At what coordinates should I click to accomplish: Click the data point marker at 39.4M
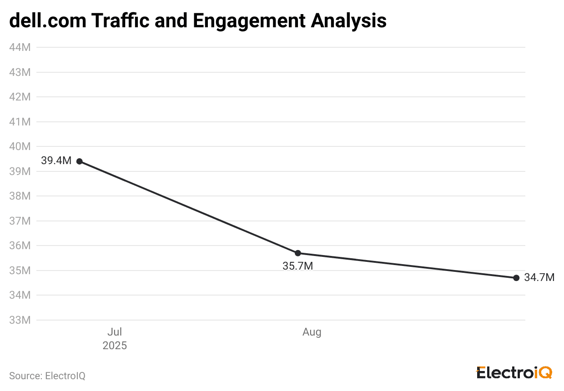pyautogui.click(x=80, y=161)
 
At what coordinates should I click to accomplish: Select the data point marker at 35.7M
pyautogui.click(x=298, y=253)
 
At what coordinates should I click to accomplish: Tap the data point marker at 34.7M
pyautogui.click(x=516, y=278)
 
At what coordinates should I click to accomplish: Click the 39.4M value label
pyautogui.click(x=56, y=160)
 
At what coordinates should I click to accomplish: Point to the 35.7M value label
pyautogui.click(x=298, y=266)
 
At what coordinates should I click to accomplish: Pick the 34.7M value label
pyautogui.click(x=539, y=277)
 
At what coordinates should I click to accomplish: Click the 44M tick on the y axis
pyautogui.click(x=20, y=47)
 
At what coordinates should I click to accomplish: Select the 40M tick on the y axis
pyautogui.click(x=20, y=146)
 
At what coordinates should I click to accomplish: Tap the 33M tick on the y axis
pyautogui.click(x=20, y=320)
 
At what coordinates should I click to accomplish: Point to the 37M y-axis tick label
pyautogui.click(x=20, y=221)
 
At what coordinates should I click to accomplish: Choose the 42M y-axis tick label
pyautogui.click(x=20, y=97)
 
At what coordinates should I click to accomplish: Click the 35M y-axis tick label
pyautogui.click(x=20, y=271)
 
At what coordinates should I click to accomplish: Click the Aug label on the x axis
pyautogui.click(x=312, y=332)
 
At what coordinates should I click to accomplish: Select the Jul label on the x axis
pyautogui.click(x=115, y=332)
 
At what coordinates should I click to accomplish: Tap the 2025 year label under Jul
pyautogui.click(x=115, y=346)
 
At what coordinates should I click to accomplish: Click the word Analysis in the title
pyautogui.click(x=349, y=20)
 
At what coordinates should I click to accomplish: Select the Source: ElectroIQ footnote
pyautogui.click(x=47, y=376)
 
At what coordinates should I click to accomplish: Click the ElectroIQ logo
pyautogui.click(x=514, y=373)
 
